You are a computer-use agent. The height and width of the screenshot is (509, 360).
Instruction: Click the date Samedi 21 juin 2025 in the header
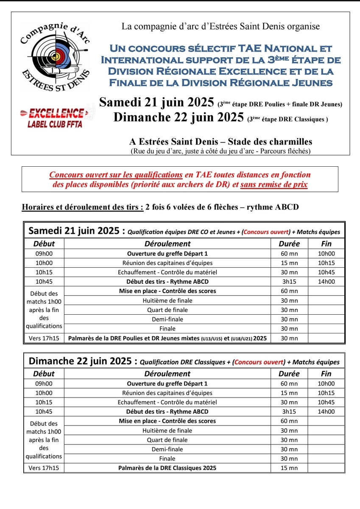pyautogui.click(x=156, y=103)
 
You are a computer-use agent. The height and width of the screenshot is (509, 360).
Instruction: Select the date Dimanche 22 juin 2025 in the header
pyautogui.click(x=179, y=117)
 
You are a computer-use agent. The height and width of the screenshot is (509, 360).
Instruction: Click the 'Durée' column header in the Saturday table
pyautogui.click(x=289, y=243)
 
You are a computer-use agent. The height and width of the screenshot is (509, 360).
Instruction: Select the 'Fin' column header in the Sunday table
pyautogui.click(x=327, y=374)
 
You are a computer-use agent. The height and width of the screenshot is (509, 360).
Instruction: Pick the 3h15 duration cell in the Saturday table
pyautogui.click(x=289, y=281)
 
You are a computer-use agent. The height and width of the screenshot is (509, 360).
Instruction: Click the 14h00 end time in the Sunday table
pyautogui.click(x=327, y=411)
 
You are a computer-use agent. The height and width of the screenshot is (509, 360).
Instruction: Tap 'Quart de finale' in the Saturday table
pyautogui.click(x=167, y=310)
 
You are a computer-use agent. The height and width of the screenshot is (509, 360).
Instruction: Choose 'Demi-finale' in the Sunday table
pyautogui.click(x=167, y=449)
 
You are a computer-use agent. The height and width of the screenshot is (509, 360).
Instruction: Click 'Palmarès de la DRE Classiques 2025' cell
pyautogui.click(x=167, y=468)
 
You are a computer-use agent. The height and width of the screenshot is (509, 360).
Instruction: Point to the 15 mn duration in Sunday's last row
pyautogui.click(x=289, y=468)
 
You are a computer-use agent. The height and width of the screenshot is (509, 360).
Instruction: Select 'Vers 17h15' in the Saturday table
pyautogui.click(x=44, y=338)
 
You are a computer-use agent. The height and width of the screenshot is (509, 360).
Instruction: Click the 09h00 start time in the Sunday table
pyautogui.click(x=44, y=383)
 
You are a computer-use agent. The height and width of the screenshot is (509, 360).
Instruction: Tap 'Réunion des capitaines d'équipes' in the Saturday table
pyautogui.click(x=167, y=263)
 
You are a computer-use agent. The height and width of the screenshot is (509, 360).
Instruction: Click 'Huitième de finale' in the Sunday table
pyautogui.click(x=167, y=431)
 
